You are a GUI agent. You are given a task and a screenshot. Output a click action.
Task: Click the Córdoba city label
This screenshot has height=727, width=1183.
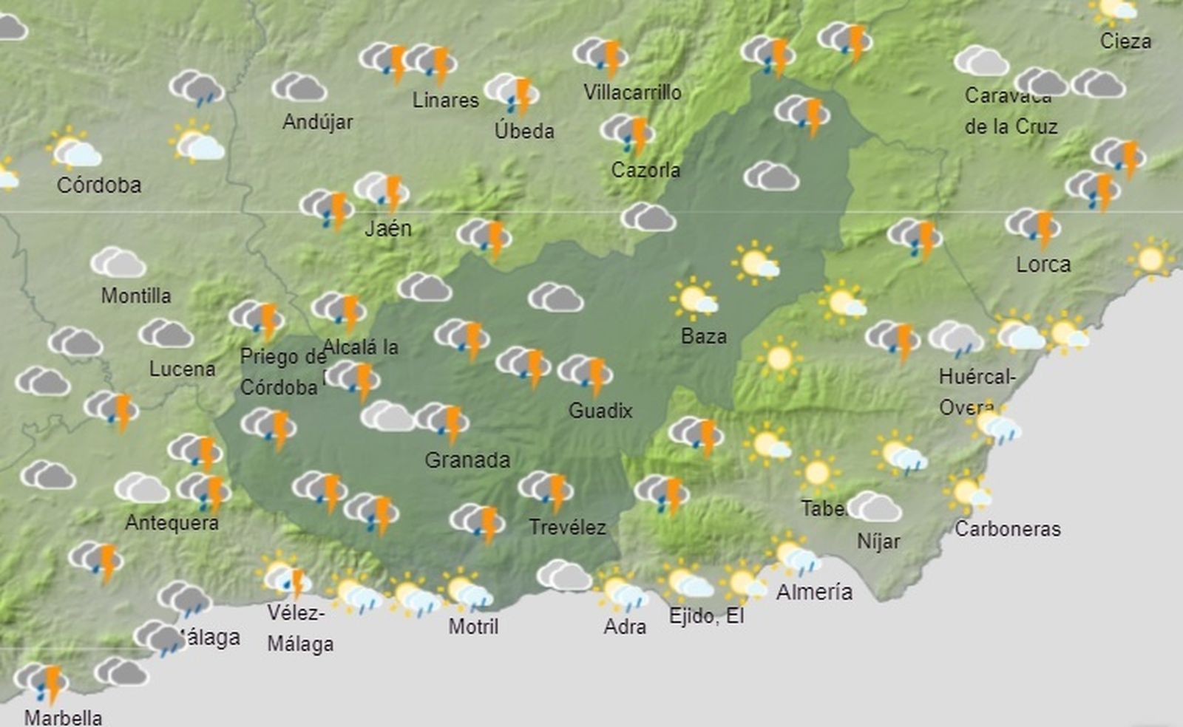99,185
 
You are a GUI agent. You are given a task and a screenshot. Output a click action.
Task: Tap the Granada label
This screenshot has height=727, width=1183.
467,460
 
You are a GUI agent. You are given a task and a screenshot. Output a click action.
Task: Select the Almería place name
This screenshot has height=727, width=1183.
814,592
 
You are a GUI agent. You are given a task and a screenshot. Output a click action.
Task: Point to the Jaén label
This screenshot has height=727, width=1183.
388,228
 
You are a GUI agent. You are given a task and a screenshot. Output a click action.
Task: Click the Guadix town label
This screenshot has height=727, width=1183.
600,411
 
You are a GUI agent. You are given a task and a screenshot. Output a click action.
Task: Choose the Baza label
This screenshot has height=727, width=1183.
703,337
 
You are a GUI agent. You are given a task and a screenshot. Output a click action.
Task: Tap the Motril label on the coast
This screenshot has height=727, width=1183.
473,627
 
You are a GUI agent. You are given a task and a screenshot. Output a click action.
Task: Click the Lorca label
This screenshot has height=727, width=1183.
1043,264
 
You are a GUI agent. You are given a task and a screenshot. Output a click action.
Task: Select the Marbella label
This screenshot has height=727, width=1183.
64,717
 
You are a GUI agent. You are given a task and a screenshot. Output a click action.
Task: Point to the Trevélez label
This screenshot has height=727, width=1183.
567,528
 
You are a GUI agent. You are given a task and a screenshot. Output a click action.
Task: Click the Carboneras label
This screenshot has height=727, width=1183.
1007,529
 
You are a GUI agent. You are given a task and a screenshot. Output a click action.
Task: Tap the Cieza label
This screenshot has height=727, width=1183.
1125,41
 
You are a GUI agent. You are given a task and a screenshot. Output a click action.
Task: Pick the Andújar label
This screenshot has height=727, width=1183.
318,122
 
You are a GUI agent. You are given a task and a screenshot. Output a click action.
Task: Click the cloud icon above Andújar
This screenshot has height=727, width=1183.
299,87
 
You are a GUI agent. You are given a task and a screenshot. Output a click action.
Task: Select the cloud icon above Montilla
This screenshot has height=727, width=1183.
118,262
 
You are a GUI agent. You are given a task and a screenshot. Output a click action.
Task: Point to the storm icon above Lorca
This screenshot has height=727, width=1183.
1034,225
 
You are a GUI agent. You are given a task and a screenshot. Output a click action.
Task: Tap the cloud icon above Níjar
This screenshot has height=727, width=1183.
874,507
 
